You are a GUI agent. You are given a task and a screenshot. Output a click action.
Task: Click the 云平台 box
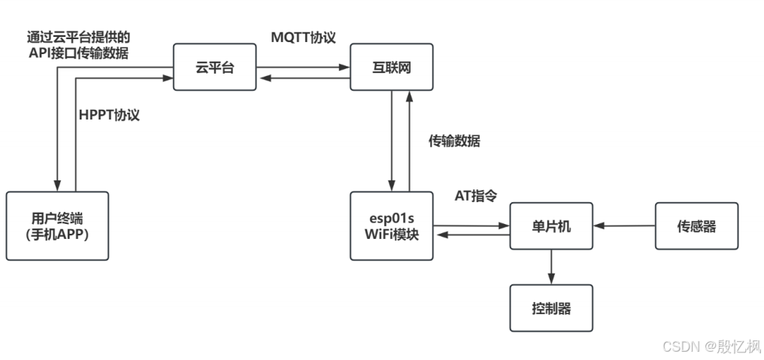[214, 68]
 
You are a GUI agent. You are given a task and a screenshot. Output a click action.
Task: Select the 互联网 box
[392, 68]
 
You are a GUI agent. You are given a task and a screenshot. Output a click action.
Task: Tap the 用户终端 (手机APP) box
[57, 225]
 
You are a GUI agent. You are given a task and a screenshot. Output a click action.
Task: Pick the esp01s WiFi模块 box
[392, 225]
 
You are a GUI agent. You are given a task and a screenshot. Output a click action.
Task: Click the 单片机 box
[551, 225]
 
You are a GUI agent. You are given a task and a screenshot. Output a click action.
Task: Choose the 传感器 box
[696, 225]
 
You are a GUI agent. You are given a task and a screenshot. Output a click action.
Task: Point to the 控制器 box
[551, 308]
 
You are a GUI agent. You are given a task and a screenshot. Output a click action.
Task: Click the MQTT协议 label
[303, 36]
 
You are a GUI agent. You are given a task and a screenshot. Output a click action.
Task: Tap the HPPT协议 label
[110, 116]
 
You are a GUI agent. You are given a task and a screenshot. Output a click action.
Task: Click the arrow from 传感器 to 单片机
[624, 225]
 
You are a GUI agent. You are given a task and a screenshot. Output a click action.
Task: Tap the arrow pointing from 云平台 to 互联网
[303, 62]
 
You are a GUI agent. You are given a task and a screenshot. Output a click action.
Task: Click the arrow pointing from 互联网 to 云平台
[303, 74]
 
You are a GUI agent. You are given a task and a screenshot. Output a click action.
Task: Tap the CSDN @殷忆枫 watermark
[711, 346]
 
